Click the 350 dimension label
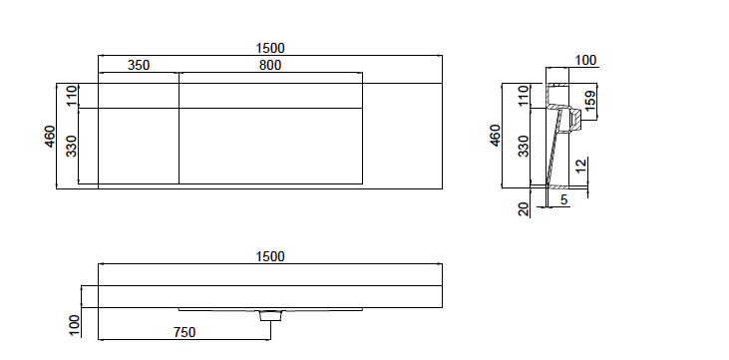click(x=139, y=66)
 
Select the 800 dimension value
click(x=269, y=66)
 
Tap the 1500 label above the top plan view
click(x=270, y=48)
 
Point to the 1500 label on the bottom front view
click(x=270, y=256)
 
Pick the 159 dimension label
click(x=589, y=102)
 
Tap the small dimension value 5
click(x=563, y=199)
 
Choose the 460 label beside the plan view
click(x=51, y=135)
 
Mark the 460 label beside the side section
click(x=494, y=135)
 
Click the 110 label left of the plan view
click(x=72, y=96)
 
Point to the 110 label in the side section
click(x=525, y=96)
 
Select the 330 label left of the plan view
click(x=72, y=147)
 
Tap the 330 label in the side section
click(x=525, y=147)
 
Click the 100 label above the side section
click(x=585, y=61)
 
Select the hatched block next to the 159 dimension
click(x=574, y=119)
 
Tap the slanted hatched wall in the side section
click(x=550, y=150)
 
